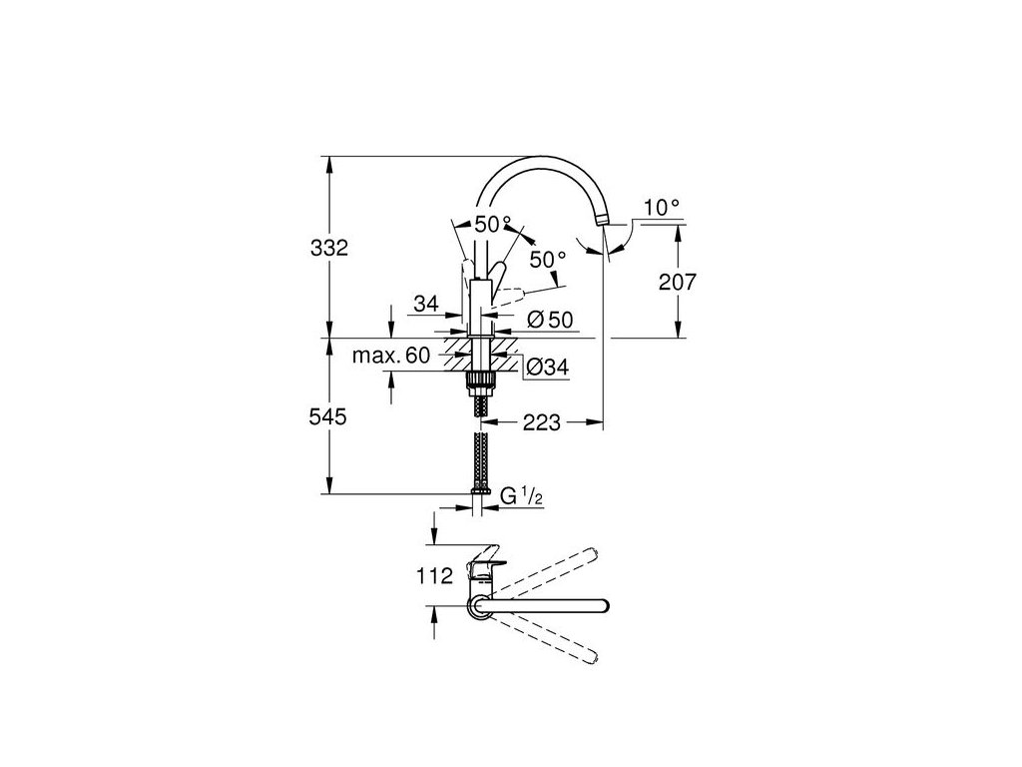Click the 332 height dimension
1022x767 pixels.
(328, 248)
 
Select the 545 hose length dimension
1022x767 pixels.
(328, 418)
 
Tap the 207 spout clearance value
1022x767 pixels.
(678, 283)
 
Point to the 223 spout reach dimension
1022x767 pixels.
(540, 423)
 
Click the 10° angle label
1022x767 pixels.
(662, 208)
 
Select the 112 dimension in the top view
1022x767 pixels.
(435, 575)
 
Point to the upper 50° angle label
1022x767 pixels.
(492, 224)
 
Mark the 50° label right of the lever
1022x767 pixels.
(547, 259)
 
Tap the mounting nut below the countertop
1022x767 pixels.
(480, 380)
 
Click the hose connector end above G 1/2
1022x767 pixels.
(480, 489)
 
